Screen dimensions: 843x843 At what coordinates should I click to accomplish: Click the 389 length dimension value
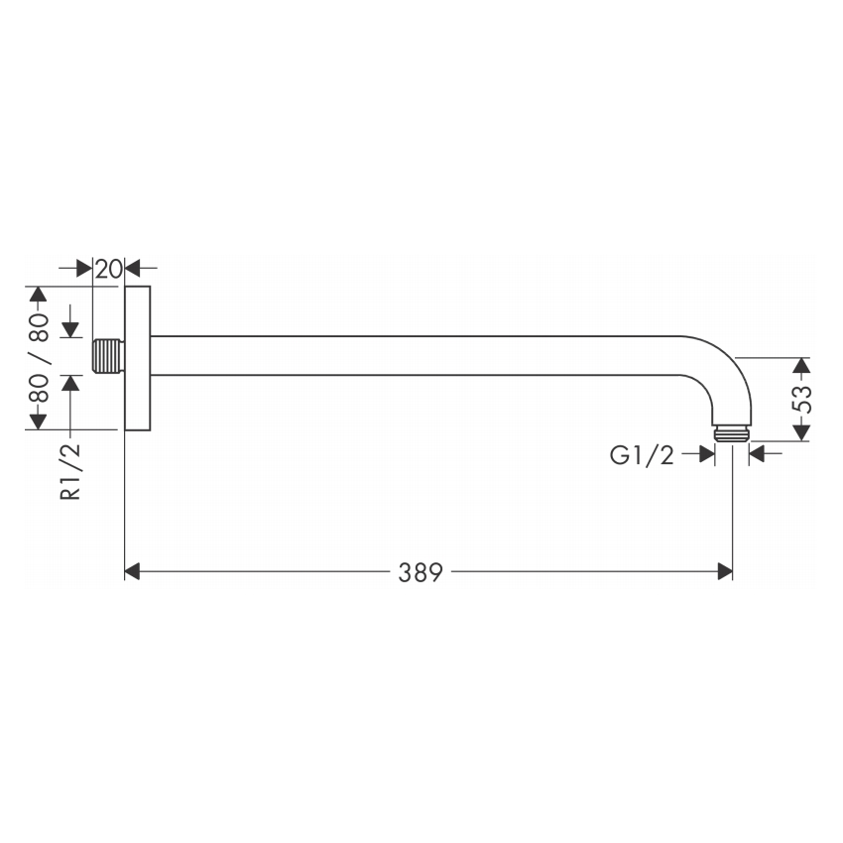click(x=421, y=572)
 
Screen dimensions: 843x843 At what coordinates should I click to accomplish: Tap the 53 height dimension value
click(x=801, y=399)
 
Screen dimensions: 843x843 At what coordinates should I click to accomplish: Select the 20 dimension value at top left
click(x=109, y=269)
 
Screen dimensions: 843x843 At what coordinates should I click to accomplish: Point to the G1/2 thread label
click(x=642, y=455)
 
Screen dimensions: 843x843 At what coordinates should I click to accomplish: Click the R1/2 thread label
click(x=70, y=472)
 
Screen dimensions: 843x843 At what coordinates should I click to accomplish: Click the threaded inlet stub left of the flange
click(x=109, y=356)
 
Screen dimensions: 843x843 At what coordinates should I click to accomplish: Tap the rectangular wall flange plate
click(x=138, y=358)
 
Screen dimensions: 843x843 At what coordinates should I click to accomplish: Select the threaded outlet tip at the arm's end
click(x=732, y=434)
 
